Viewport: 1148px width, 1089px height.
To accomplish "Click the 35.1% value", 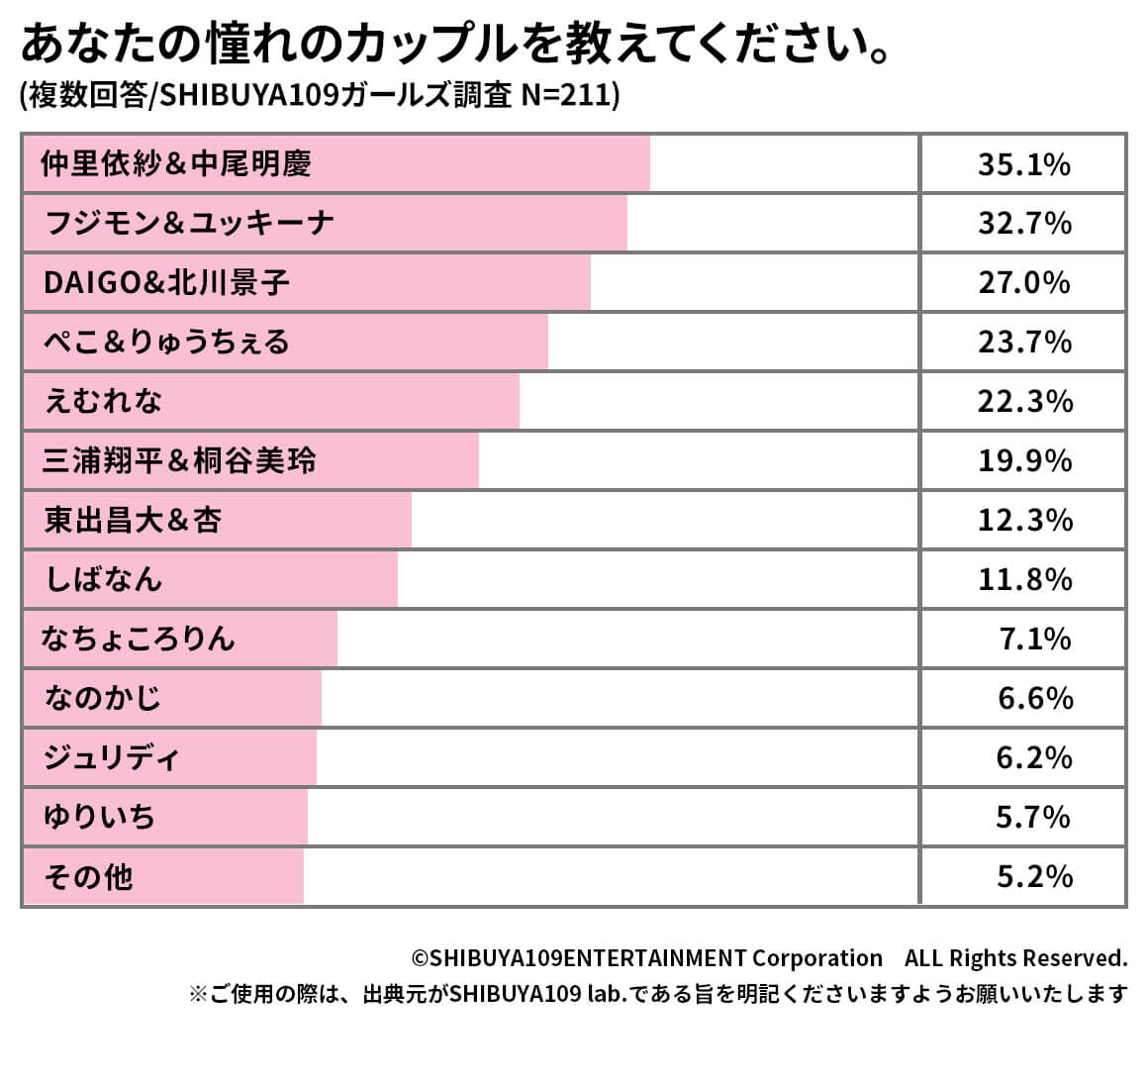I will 1024,164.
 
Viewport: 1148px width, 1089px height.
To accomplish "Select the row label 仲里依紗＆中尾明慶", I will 176,163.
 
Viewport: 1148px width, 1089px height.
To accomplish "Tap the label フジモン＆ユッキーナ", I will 189,223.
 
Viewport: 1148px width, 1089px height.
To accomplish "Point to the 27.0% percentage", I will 1024,283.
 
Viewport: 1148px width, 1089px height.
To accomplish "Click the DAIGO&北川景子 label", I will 166,283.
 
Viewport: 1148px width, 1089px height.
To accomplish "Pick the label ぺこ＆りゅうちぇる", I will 166,343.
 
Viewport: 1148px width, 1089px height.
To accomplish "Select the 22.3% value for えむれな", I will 1025,402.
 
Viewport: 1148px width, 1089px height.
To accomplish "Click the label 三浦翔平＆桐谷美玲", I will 179,461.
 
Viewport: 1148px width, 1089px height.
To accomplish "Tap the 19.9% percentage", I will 1025,461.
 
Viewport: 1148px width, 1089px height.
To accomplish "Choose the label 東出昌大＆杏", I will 133,521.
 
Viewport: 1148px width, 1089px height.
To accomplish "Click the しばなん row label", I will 104,580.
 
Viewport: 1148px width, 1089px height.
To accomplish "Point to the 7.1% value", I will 1035,640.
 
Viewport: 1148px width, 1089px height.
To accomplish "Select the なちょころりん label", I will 139,640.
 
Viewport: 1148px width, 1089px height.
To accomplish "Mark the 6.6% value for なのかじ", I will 1035,699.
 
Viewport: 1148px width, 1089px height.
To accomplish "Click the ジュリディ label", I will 111,758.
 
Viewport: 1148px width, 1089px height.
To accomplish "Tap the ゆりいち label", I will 100,818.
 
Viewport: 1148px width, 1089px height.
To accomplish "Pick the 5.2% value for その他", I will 1035,877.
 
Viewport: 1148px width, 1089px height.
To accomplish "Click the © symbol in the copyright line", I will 420,958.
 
